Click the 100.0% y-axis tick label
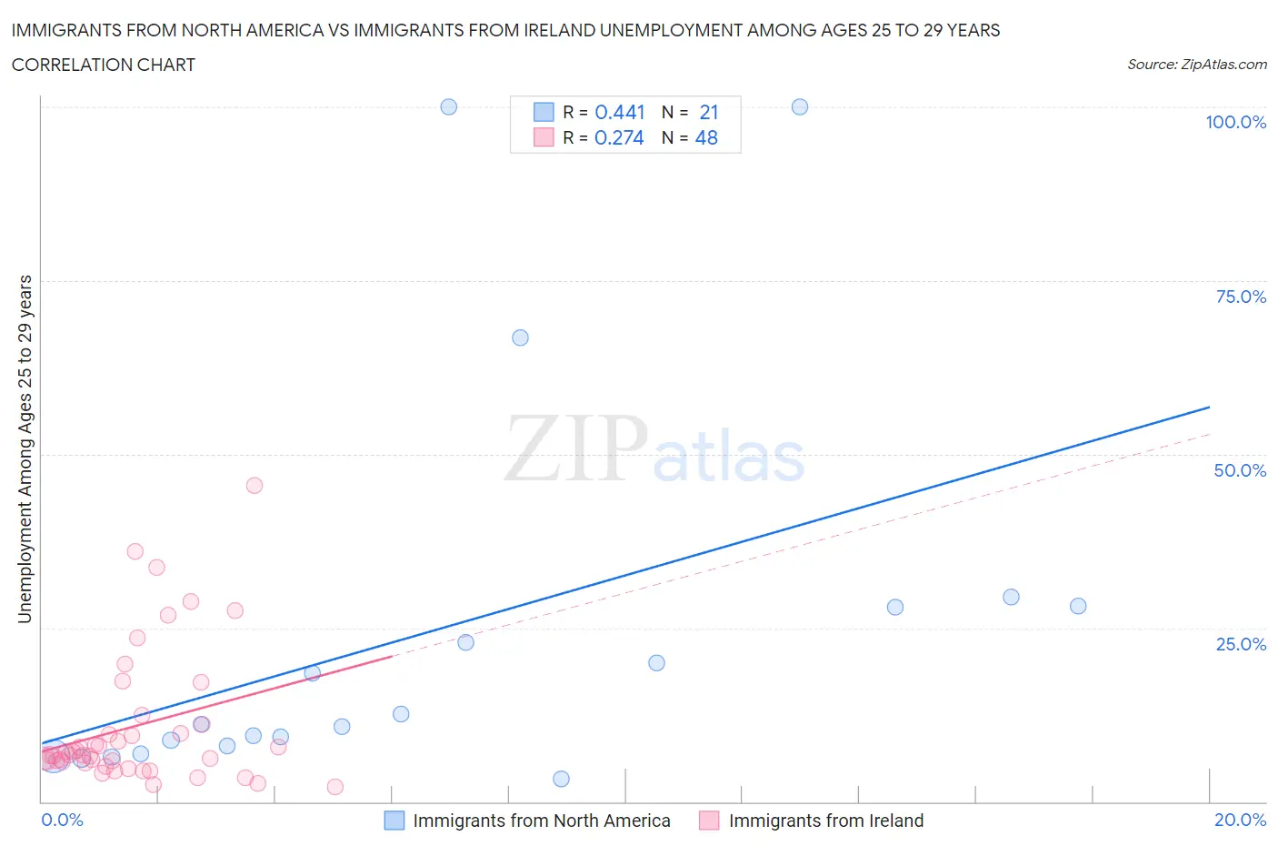coord(1235,122)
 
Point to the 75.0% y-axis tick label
coord(1241,297)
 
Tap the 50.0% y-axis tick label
coord(1240,470)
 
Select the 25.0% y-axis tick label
coord(1241,644)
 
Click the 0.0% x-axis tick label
coord(62,820)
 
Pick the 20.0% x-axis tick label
coord(1240,820)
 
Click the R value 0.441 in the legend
coord(619,112)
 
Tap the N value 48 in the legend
coord(706,137)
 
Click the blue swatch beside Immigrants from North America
coord(394,821)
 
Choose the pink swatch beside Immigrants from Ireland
coord(709,821)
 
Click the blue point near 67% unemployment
coord(520,337)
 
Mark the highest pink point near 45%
coord(255,485)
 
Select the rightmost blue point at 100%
coord(800,106)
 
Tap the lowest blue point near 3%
coord(561,779)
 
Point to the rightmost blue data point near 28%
coord(1078,606)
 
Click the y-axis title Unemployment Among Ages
coord(25,449)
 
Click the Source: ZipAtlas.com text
coord(1196,65)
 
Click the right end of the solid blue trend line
coord(1209,407)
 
